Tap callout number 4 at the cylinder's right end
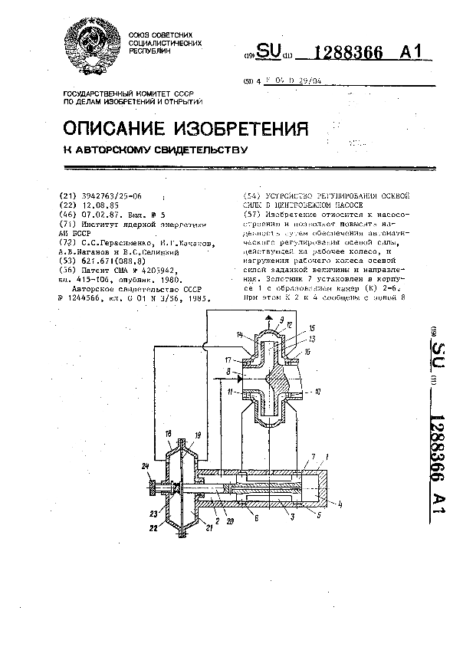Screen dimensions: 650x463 point(339,503)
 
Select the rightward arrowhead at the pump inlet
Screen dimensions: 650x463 point(239,378)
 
